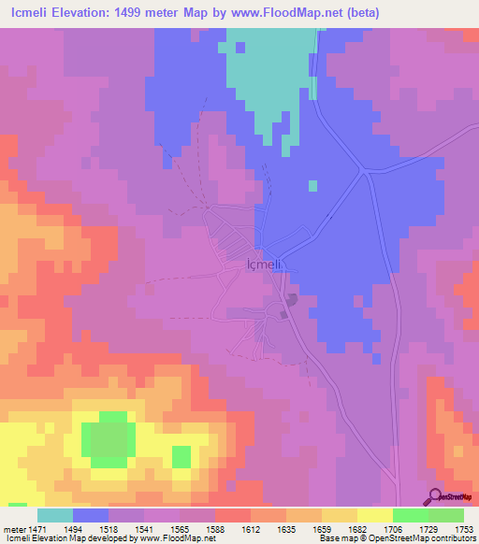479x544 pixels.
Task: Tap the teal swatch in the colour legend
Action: (55, 515)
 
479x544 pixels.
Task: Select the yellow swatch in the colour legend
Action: (374, 515)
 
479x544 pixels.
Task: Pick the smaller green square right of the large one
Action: (181, 456)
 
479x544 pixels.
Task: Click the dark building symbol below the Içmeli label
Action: (292, 300)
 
